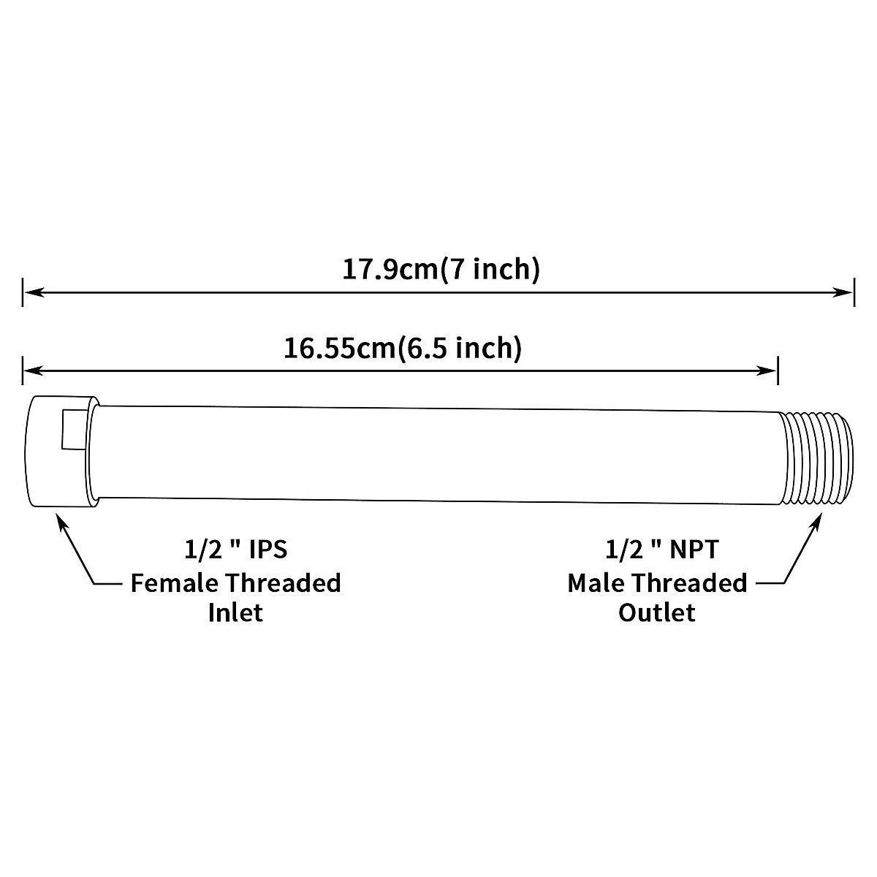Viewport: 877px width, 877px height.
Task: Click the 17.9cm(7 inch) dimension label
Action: pyautogui.click(x=441, y=270)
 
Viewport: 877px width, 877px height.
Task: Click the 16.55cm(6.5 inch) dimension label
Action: pyautogui.click(x=403, y=349)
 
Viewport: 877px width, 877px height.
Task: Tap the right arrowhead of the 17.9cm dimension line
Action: pyautogui.click(x=844, y=292)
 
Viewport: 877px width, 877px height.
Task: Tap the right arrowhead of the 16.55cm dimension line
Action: pyautogui.click(x=769, y=371)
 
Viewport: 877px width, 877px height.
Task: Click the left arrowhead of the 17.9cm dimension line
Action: pyautogui.click(x=33, y=292)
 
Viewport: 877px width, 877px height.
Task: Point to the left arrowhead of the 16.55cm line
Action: pyautogui.click(x=33, y=371)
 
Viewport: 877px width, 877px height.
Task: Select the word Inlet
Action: pyautogui.click(x=235, y=612)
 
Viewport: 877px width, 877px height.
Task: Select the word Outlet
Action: pyautogui.click(x=657, y=612)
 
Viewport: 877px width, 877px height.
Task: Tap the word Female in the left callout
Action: pyautogui.click(x=173, y=583)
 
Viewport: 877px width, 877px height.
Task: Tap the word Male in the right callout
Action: pyautogui.click(x=596, y=583)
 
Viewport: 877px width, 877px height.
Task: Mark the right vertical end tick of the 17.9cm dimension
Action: pyautogui.click(x=853, y=292)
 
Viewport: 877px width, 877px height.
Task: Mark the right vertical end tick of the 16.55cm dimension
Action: pyautogui.click(x=778, y=371)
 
